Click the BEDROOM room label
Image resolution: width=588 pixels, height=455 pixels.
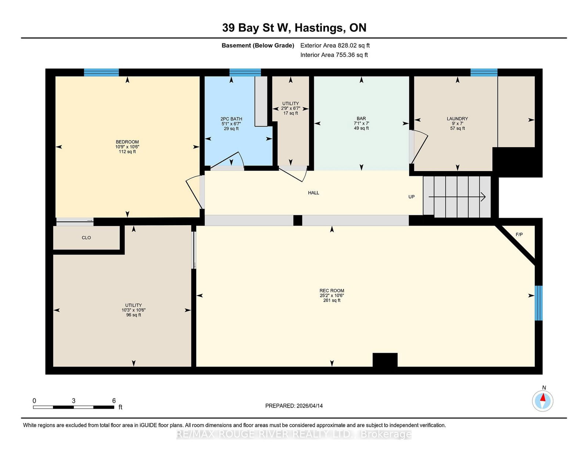point(127,142)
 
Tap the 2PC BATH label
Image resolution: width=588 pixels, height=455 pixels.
point(231,119)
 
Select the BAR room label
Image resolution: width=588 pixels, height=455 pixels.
point(361,118)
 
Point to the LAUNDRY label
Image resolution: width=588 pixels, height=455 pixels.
point(457,119)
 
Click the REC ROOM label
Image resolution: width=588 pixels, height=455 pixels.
point(332,291)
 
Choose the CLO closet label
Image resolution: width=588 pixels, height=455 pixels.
point(86,238)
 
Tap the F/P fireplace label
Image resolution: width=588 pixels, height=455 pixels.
point(519,235)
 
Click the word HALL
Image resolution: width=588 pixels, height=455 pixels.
point(313,193)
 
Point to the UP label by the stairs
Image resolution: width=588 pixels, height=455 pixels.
point(411,197)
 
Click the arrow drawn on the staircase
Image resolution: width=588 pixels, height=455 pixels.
point(457,197)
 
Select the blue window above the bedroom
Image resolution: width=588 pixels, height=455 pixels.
point(101,72)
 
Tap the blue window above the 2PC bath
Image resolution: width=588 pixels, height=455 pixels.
point(245,72)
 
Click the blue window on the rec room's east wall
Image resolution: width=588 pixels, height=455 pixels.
point(539,303)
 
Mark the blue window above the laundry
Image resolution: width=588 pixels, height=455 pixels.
point(484,72)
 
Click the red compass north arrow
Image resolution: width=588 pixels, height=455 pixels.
point(542,398)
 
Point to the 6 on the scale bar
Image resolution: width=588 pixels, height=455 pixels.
point(114,401)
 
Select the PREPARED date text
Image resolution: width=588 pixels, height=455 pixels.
point(294,406)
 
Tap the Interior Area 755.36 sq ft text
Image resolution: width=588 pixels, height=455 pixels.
point(334,55)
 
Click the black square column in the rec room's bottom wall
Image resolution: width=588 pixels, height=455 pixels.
point(385,360)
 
